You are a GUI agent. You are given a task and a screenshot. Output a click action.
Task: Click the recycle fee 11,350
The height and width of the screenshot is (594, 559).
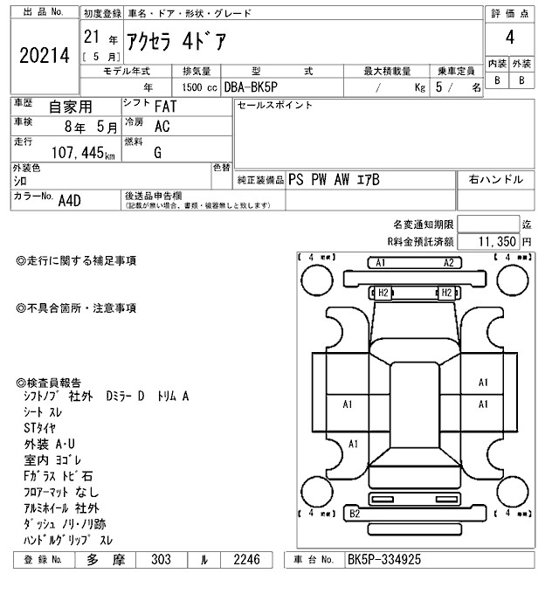pyautogui.click(x=495, y=240)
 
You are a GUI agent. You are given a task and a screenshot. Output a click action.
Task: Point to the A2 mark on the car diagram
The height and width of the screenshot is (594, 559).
pyautogui.click(x=448, y=263)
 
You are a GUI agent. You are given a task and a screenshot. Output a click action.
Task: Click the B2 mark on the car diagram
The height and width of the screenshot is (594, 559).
pyautogui.click(x=355, y=514)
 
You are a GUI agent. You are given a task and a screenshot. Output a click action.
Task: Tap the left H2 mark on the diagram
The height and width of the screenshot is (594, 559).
pyautogui.click(x=382, y=293)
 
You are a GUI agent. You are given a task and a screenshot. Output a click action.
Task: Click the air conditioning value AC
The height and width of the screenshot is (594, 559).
pyautogui.click(x=162, y=127)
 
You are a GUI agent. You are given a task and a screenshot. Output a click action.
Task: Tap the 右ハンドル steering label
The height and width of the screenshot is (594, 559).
pyautogui.click(x=496, y=179)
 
